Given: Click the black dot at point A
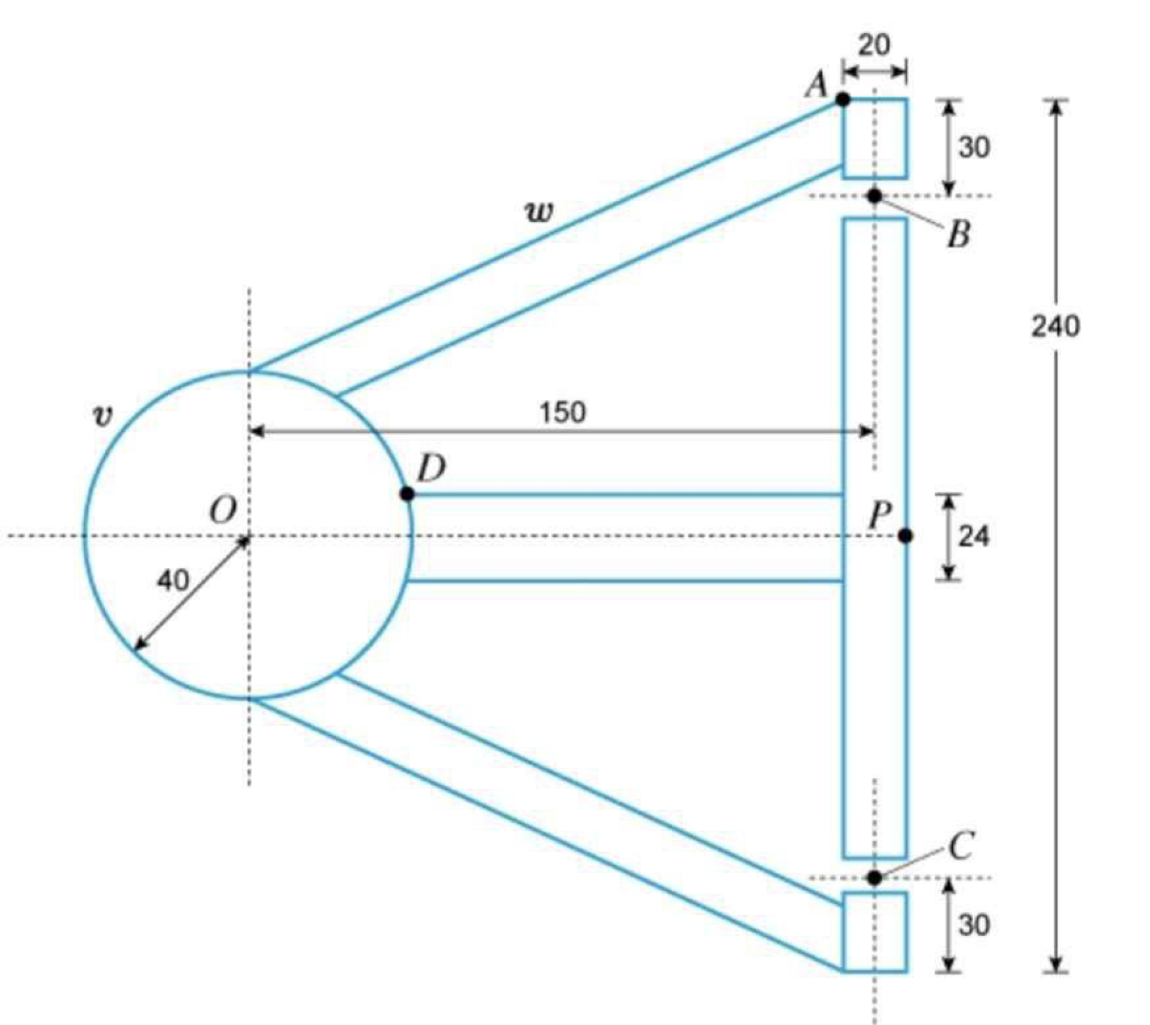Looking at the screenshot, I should [x=843, y=100].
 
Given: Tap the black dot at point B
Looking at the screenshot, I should [x=874, y=196].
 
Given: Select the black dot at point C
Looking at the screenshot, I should [x=874, y=878].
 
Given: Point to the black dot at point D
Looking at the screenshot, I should [x=407, y=493].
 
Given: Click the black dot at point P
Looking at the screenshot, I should [x=906, y=536].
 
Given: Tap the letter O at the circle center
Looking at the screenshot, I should [x=223, y=509].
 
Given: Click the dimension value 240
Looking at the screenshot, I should [x=1055, y=326].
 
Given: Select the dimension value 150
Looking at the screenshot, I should [x=563, y=413].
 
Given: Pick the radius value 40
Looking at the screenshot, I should [x=173, y=580].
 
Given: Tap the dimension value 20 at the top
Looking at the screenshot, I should [x=874, y=45].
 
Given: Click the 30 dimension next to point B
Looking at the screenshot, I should [x=974, y=148].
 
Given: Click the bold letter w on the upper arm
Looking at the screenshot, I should [x=539, y=212].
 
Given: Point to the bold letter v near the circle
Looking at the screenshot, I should [x=102, y=415].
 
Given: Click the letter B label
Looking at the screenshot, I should [x=958, y=235].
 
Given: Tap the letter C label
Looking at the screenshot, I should [x=961, y=847].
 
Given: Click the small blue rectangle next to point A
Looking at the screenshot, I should [x=875, y=138].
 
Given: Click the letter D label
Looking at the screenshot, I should [x=431, y=469].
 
